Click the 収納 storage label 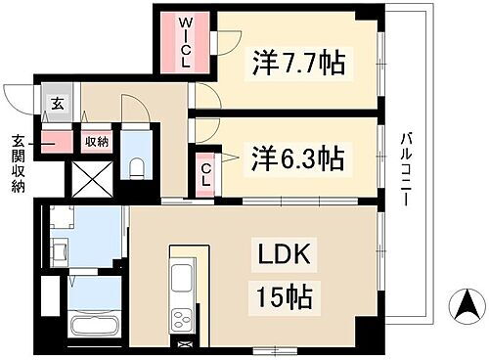click(x=95, y=141)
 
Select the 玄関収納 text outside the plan click(x=19, y=163)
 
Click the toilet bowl click(x=135, y=165)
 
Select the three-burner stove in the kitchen click(x=184, y=319)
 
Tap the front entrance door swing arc click(x=17, y=96)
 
